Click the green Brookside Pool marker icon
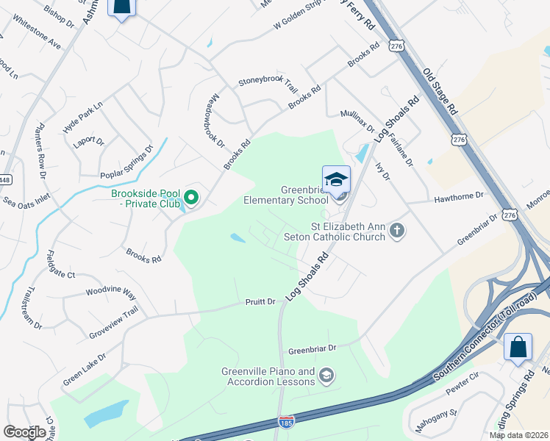point(192,197)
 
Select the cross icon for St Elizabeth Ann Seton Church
point(397,231)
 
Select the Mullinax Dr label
point(357,121)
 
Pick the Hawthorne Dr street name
point(459,196)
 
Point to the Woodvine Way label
point(111,292)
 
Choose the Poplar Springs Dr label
point(126,162)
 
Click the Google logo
point(25,432)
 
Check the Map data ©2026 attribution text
point(518,435)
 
